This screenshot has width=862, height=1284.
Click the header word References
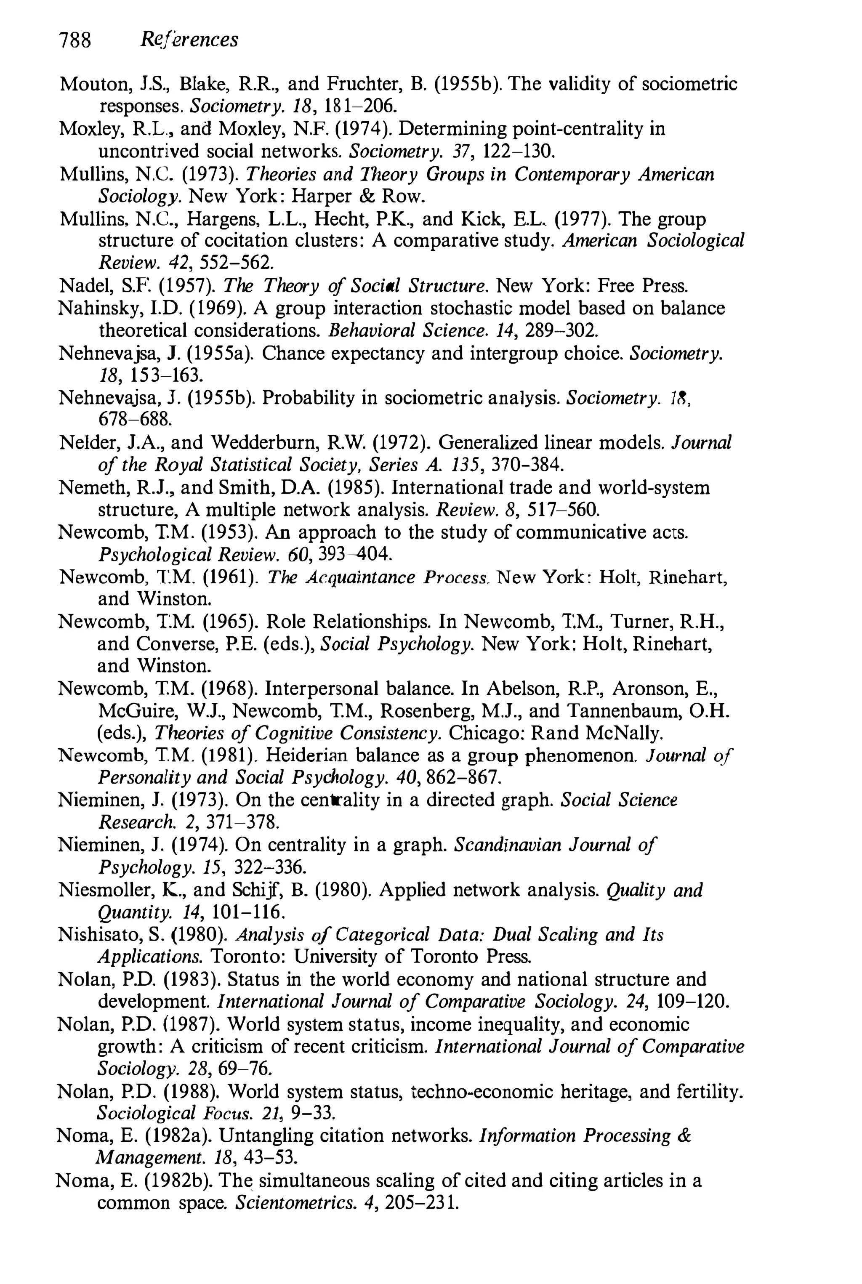coord(189,40)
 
